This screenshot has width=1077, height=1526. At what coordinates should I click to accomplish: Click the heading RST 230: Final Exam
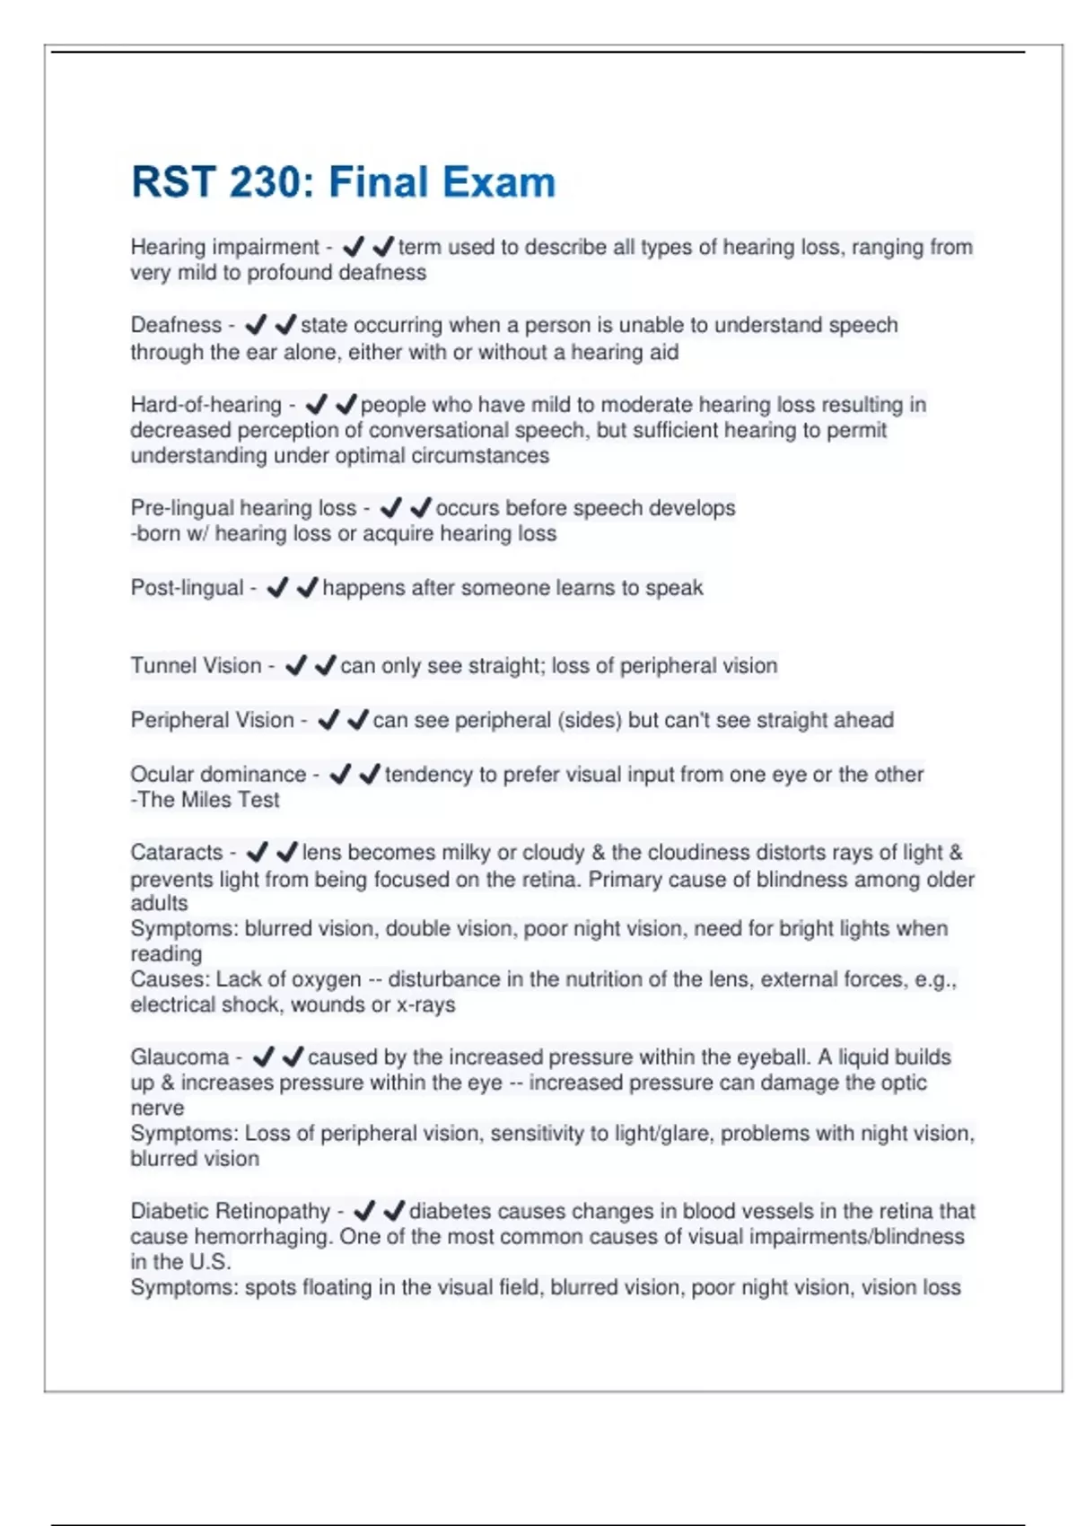pyautogui.click(x=343, y=182)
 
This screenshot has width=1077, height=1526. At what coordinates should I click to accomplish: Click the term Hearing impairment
pyautogui.click(x=224, y=247)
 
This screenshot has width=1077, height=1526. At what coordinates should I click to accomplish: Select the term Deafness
pyautogui.click(x=176, y=325)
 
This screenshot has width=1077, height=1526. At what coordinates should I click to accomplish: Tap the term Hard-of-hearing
pyautogui.click(x=206, y=405)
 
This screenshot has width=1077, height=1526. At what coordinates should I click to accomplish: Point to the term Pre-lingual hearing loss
pyautogui.click(x=243, y=508)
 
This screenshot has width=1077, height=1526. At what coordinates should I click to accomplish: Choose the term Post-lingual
pyautogui.click(x=187, y=588)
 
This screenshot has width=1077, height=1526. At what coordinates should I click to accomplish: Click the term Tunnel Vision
pyautogui.click(x=196, y=666)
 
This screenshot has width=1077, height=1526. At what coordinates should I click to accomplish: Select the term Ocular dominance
pyautogui.click(x=218, y=775)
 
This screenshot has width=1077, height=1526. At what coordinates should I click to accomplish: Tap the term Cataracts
pyautogui.click(x=176, y=853)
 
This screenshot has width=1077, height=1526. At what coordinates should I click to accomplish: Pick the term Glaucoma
pyautogui.click(x=179, y=1057)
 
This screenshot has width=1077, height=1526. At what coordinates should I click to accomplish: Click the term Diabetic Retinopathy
pyautogui.click(x=231, y=1212)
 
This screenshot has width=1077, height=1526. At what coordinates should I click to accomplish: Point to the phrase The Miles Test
pyautogui.click(x=208, y=800)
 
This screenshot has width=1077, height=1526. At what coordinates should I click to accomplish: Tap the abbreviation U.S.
pyautogui.click(x=210, y=1262)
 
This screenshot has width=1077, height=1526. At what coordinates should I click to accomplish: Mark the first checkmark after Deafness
pyautogui.click(x=256, y=325)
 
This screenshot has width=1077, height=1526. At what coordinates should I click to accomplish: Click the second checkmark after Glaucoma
pyautogui.click(x=293, y=1057)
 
